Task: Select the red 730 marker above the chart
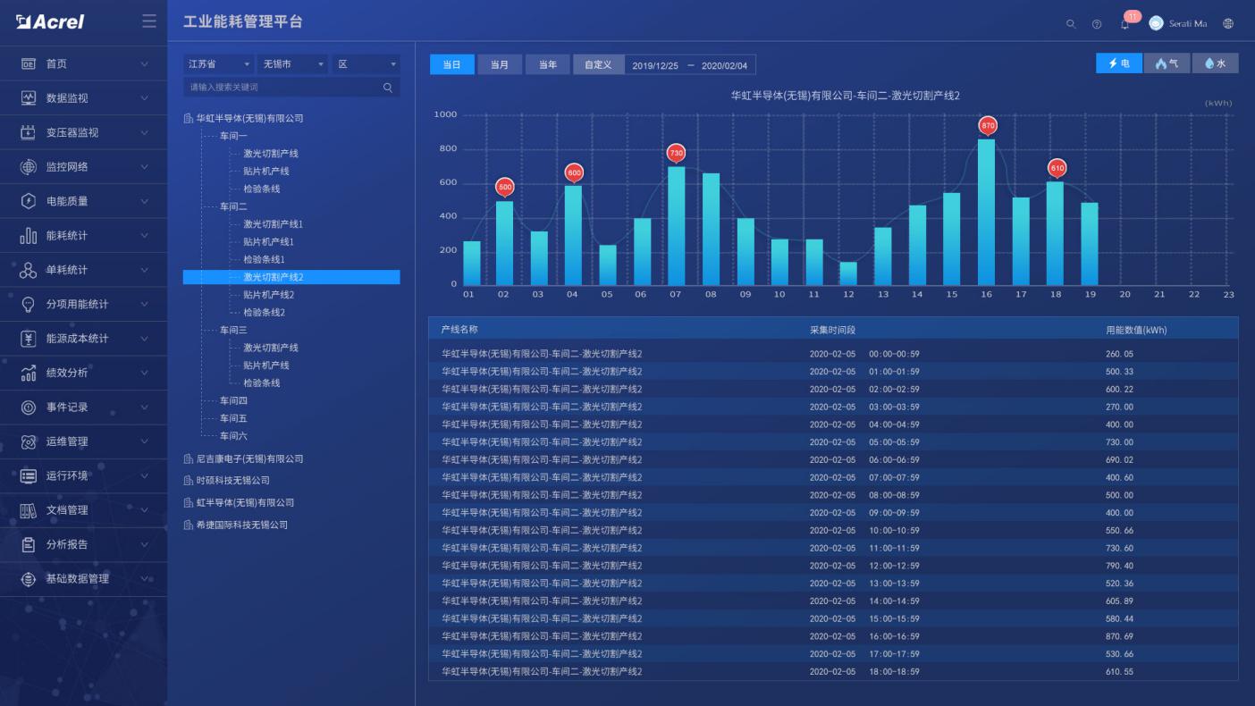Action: tap(676, 153)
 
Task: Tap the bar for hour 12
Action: tap(848, 273)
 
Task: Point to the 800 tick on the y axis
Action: tap(446, 149)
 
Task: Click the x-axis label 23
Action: tap(1228, 294)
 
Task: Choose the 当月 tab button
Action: tap(500, 64)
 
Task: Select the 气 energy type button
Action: tap(1167, 63)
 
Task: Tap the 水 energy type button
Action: tap(1215, 63)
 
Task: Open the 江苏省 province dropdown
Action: tap(219, 64)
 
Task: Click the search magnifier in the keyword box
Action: tap(388, 88)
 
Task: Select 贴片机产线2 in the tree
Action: tap(268, 295)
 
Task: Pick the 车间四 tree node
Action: tap(233, 400)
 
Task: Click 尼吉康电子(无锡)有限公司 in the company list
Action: tap(249, 458)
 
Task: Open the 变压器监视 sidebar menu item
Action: tap(72, 132)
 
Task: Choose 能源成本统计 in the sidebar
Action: tap(77, 339)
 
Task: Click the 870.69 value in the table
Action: tap(1119, 636)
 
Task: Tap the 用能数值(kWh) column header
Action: tap(1135, 330)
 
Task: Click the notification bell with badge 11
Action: tap(1124, 24)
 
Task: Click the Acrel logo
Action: tap(50, 22)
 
